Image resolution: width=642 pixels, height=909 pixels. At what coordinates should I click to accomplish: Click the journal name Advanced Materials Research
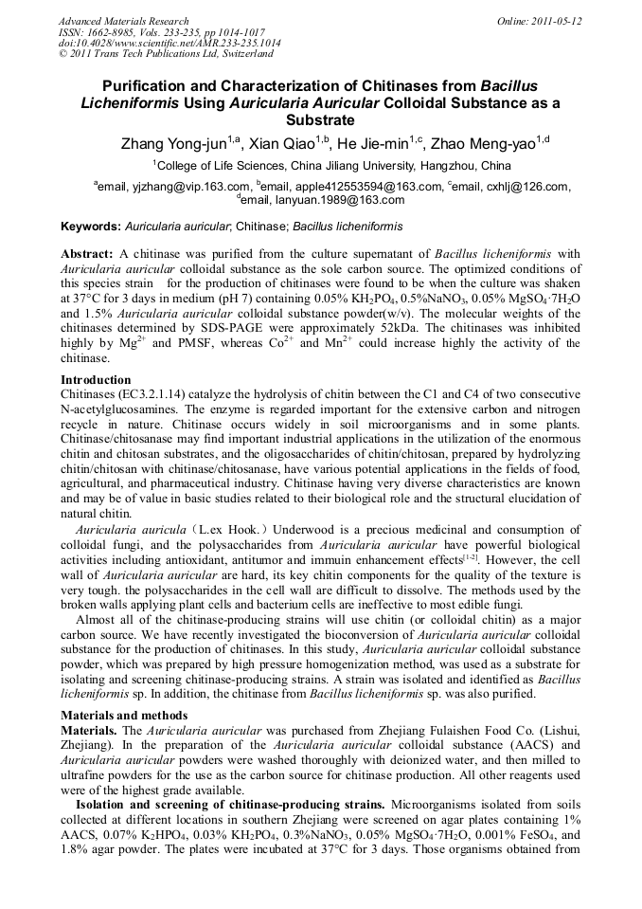coord(124,21)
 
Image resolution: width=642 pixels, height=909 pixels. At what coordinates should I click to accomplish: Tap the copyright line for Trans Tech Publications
coord(152,54)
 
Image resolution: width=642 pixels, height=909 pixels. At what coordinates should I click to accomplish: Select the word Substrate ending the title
coord(320,120)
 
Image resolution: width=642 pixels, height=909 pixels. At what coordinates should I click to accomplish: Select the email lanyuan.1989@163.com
coord(348,200)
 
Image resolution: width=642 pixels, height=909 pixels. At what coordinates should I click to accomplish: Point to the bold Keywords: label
coord(91,227)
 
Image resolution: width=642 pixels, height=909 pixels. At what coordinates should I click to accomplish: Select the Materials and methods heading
coord(124,715)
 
